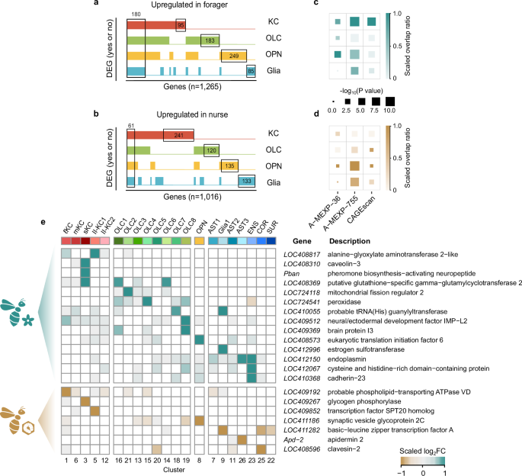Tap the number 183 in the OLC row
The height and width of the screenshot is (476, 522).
pyautogui.click(x=212, y=40)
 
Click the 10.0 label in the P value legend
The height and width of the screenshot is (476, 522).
pyautogui.click(x=389, y=111)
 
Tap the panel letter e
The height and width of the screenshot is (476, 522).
pyautogui.click(x=43, y=227)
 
